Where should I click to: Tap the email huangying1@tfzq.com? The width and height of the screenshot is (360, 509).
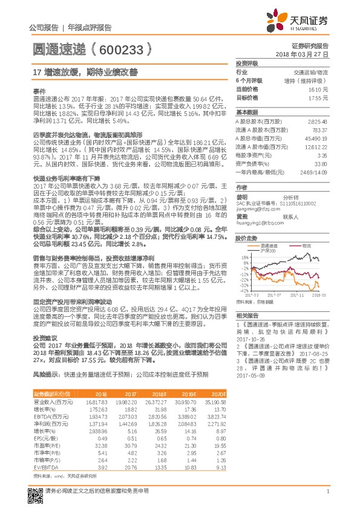click(261, 223)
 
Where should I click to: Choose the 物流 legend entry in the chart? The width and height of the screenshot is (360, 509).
click(306, 246)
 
